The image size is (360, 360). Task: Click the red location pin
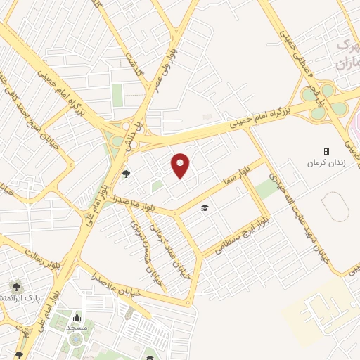coord(181,165)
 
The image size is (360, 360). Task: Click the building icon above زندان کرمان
coord(326,151)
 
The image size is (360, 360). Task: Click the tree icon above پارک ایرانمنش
coord(15,286)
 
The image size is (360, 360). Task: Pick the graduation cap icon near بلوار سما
coord(205,208)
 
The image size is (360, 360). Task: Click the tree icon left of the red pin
coord(127,173)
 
